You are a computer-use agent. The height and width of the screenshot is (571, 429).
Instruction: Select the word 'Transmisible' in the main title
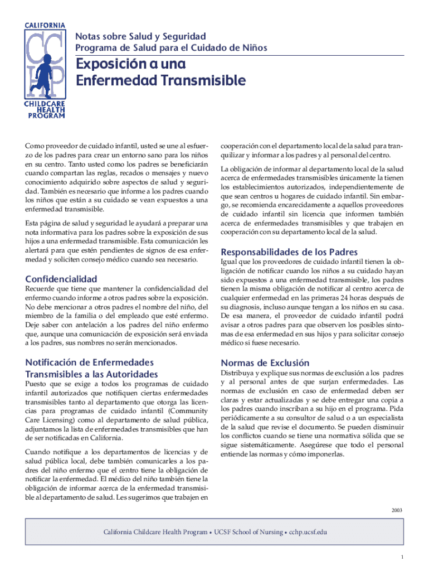click(203, 81)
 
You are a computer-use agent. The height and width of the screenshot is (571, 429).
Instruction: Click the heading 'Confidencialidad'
click(61, 279)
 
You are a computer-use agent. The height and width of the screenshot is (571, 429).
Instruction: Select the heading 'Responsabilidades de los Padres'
click(289, 251)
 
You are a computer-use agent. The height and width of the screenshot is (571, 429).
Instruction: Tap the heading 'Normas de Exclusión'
click(265, 362)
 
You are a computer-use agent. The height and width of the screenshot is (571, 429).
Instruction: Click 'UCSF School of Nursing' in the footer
click(247, 532)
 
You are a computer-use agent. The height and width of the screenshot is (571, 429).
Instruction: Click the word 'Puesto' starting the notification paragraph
click(37, 384)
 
